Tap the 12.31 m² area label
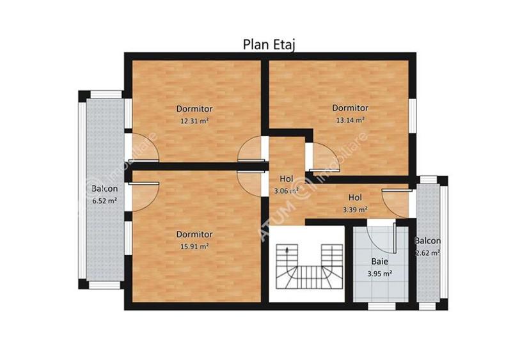194,120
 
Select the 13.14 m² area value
350,120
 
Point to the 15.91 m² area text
194,246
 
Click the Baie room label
380,262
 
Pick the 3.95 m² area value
380,273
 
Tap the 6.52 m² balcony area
104,201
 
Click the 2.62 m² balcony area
427,253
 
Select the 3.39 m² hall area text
355,209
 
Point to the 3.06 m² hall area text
286,191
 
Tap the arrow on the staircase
288,251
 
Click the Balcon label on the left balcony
104,189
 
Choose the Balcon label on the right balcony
427,241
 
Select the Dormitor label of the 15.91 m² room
194,235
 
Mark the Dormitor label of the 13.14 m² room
350,108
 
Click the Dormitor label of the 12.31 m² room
194,109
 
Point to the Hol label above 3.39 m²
355,198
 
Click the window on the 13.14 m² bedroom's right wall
412,109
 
